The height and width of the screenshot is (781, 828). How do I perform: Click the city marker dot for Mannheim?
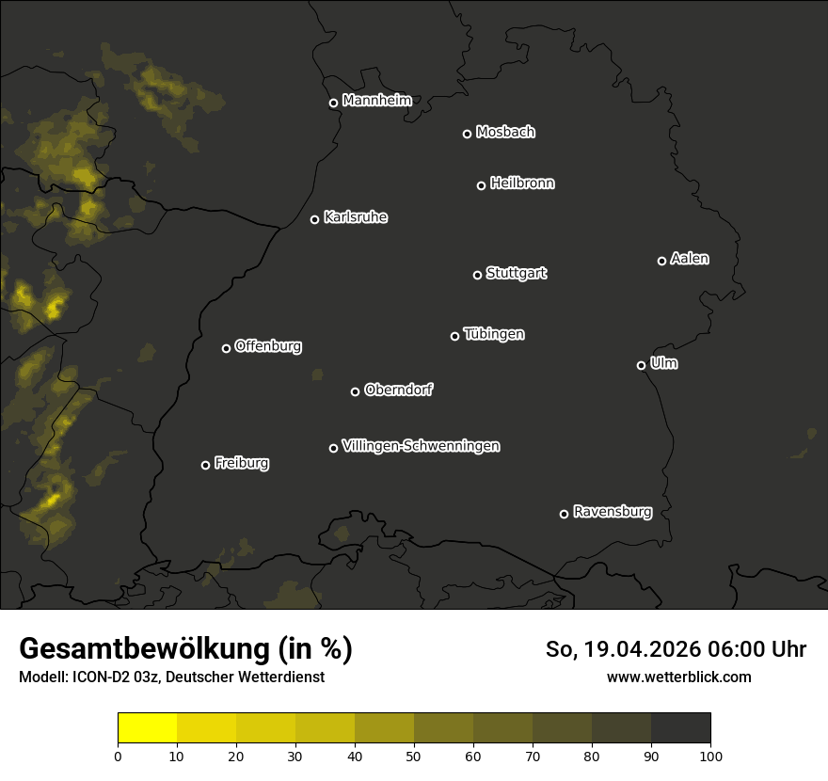[x=333, y=104]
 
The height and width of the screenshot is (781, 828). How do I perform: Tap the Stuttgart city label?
[x=516, y=273]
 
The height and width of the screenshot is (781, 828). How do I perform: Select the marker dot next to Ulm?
[x=641, y=365]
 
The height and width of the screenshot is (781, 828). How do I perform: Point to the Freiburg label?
[x=241, y=463]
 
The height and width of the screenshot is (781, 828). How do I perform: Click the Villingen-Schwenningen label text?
[x=421, y=446]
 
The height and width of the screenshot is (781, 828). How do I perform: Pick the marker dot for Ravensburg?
[x=564, y=514]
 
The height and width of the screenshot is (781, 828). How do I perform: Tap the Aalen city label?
[x=689, y=259]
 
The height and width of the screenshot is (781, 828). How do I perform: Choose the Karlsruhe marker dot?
[x=314, y=220]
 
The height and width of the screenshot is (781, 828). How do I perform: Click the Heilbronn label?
[x=522, y=183]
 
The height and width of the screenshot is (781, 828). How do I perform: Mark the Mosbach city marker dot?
[x=467, y=134]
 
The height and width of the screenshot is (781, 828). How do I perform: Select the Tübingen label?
[x=494, y=334]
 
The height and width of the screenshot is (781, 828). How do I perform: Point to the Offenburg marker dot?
[x=226, y=348]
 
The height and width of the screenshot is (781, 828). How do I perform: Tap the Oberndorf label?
[x=398, y=390]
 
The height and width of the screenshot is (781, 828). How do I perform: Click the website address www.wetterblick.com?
[x=678, y=677]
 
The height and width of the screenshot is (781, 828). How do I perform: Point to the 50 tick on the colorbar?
[x=414, y=756]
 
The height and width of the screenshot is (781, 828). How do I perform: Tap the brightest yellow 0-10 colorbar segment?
[x=147, y=728]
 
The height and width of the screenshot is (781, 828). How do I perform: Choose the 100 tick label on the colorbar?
[x=710, y=756]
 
